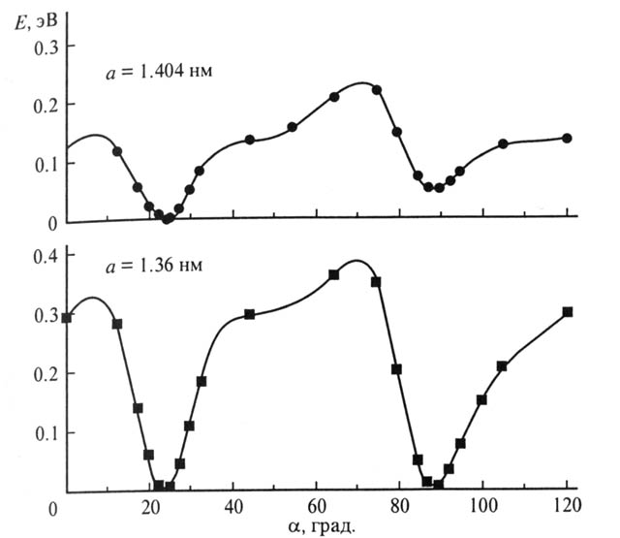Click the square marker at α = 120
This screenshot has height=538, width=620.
coord(568,312)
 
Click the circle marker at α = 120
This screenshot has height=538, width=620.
coord(568,138)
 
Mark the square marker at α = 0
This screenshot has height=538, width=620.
coord(66,318)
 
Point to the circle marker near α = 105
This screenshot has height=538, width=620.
coord(503,143)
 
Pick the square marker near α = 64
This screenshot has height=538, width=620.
coord(333,274)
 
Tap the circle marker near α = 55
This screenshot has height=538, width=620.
coord(292,127)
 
